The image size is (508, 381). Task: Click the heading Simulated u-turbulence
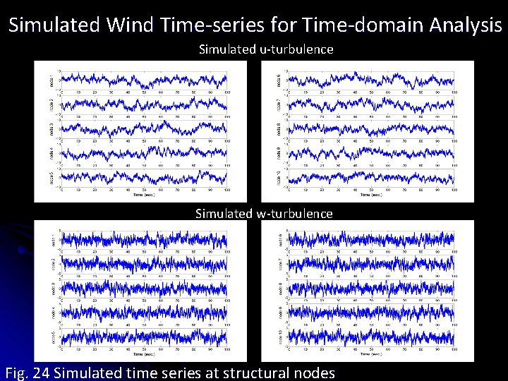(265, 49)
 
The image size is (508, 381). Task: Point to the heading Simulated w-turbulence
(264, 214)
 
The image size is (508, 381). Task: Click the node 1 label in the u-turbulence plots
(52, 78)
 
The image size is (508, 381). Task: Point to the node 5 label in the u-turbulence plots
(52, 179)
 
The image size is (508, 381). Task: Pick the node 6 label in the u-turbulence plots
(279, 78)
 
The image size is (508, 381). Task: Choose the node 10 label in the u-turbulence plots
(279, 179)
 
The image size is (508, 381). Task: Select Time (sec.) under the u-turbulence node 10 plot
(371, 195)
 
